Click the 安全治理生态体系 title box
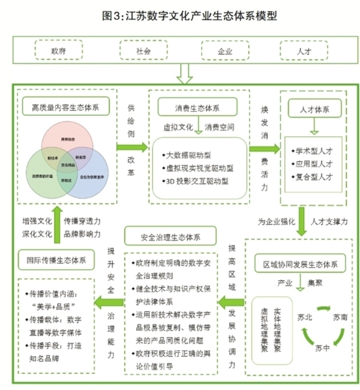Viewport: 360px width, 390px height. (x=171, y=235)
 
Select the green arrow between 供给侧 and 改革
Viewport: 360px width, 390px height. (x=132, y=147)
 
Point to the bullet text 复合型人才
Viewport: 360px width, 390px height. (x=315, y=177)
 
